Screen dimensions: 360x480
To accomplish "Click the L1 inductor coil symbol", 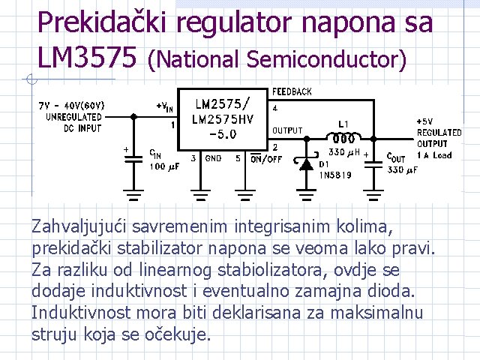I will point(343,138).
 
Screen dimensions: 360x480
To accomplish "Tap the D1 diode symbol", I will point(306,163).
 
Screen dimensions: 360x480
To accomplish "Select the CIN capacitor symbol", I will point(133,157).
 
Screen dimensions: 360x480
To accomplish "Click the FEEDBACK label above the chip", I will point(292,91).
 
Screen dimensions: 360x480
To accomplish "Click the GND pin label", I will point(213,158).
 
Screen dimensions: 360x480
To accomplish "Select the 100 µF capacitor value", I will point(163,166).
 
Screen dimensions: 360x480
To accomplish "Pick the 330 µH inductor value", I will point(344,152).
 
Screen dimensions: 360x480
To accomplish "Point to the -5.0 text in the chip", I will point(223,134).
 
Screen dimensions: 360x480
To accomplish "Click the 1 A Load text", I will point(436,155).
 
